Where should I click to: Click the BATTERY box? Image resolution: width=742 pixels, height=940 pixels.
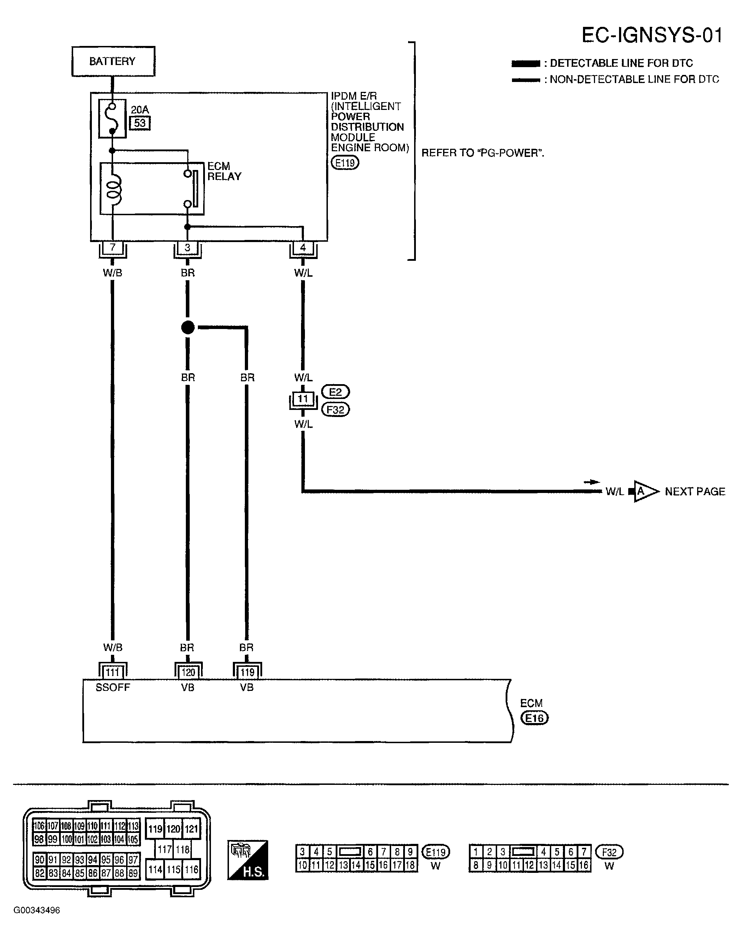click(x=113, y=61)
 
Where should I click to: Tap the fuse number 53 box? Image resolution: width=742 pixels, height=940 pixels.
click(x=140, y=123)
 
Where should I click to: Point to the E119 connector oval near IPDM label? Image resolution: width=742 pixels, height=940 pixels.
click(x=345, y=163)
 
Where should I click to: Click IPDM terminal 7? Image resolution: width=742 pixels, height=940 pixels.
click(x=112, y=248)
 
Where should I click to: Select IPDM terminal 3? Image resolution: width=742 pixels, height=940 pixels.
click(x=187, y=248)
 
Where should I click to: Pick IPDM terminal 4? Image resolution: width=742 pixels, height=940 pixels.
click(x=303, y=248)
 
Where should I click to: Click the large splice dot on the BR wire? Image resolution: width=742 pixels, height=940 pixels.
click(x=188, y=328)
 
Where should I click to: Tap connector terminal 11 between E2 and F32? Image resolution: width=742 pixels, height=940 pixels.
click(x=303, y=399)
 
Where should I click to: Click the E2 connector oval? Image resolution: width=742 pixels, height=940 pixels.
click(x=335, y=392)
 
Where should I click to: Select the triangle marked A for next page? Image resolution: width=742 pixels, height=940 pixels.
click(x=645, y=491)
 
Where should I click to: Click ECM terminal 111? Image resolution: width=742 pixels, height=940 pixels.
click(x=112, y=672)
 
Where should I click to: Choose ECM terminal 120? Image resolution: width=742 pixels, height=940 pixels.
click(x=188, y=672)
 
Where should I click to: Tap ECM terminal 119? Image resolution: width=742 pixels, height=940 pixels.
click(x=247, y=672)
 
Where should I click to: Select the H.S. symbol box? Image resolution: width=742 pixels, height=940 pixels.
click(x=248, y=860)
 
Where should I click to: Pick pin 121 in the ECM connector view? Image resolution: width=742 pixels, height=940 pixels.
click(x=191, y=829)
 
